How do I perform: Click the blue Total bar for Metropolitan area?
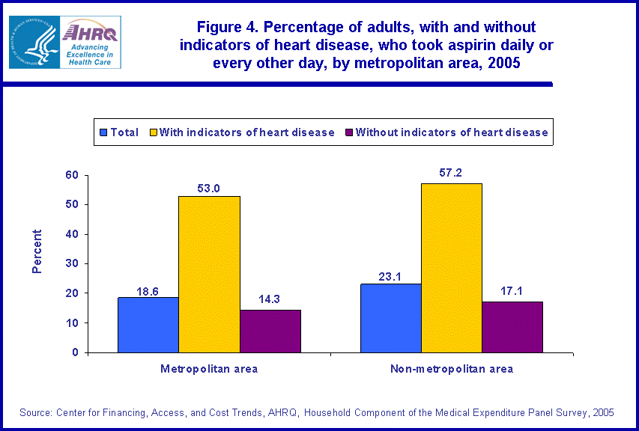(x=148, y=325)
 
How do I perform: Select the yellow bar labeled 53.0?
(x=208, y=274)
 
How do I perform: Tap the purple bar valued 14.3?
(x=270, y=331)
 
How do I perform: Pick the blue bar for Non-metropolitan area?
(x=391, y=318)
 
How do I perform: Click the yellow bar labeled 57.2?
(x=451, y=268)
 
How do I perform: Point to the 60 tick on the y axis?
(x=72, y=175)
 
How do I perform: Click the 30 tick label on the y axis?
(x=72, y=263)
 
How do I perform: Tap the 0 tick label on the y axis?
(x=75, y=352)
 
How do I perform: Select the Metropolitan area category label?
(x=209, y=369)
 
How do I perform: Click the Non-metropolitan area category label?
(x=452, y=369)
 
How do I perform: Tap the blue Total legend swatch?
(x=103, y=132)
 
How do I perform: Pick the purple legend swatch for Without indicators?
(x=348, y=132)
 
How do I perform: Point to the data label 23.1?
(x=391, y=276)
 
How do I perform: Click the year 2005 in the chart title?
(x=503, y=63)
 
